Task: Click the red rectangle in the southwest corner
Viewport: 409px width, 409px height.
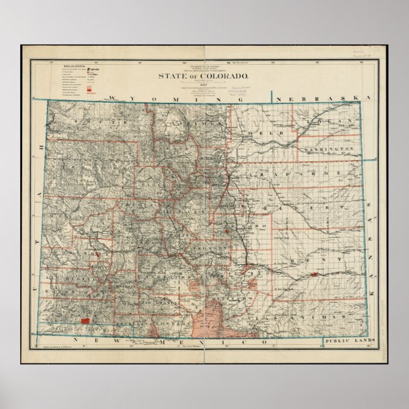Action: [x=84, y=322]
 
